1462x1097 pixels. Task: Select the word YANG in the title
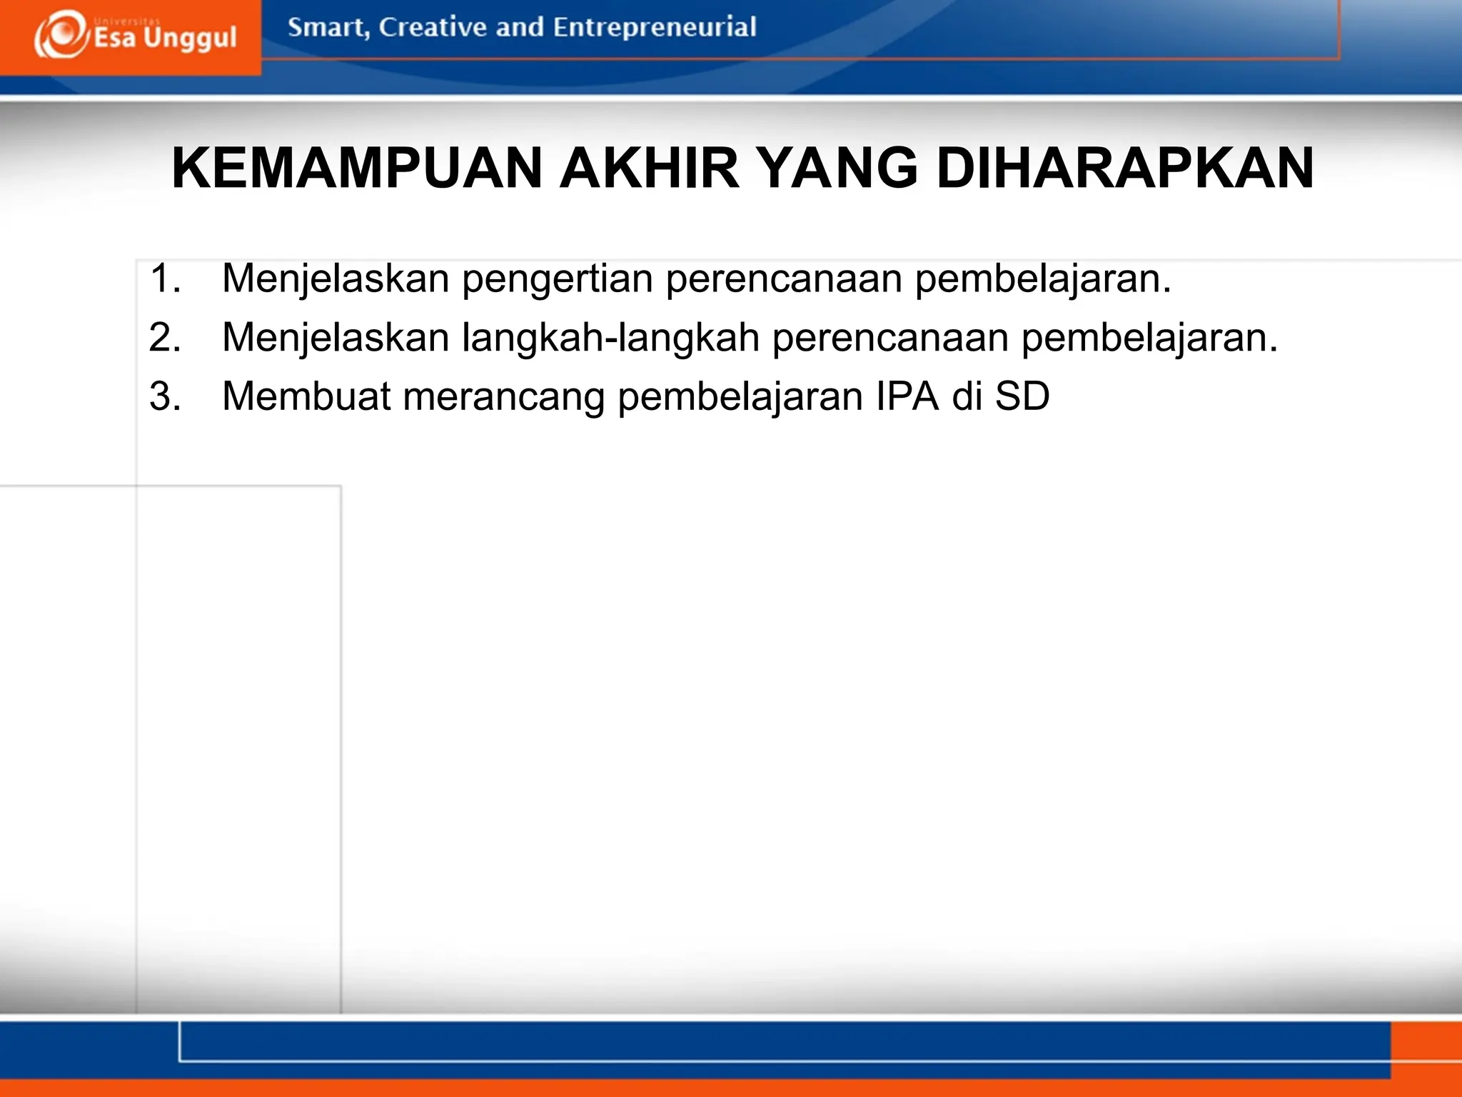837,168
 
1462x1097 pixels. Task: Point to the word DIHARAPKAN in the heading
1124,168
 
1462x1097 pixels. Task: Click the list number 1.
163,278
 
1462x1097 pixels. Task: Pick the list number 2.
163,337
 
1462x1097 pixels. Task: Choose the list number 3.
163,396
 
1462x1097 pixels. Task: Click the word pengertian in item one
557,279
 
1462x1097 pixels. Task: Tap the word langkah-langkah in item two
610,339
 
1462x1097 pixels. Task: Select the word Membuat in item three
306,396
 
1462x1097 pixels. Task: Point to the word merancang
504,398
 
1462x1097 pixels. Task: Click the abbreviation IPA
907,396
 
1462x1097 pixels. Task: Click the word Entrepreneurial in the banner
654,27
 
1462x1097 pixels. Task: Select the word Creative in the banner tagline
433,27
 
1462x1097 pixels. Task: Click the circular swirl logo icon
61,35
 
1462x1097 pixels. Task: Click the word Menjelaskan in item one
336,279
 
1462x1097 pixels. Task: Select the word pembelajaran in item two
1149,339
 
